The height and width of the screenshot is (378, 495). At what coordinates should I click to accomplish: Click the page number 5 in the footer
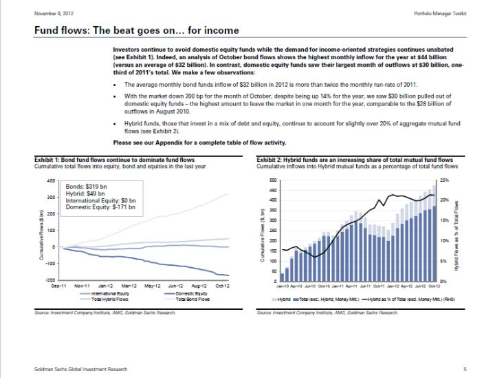point(465,370)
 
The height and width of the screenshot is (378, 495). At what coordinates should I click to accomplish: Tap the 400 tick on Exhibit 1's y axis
point(51,180)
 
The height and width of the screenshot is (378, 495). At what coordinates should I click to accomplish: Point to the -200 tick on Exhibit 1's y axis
point(49,280)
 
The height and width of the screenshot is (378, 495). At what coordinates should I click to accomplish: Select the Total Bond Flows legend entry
point(192,300)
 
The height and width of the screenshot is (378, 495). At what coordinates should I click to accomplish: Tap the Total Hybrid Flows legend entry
point(106,300)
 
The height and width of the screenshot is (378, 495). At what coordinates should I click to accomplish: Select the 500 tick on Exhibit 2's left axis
point(272,180)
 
